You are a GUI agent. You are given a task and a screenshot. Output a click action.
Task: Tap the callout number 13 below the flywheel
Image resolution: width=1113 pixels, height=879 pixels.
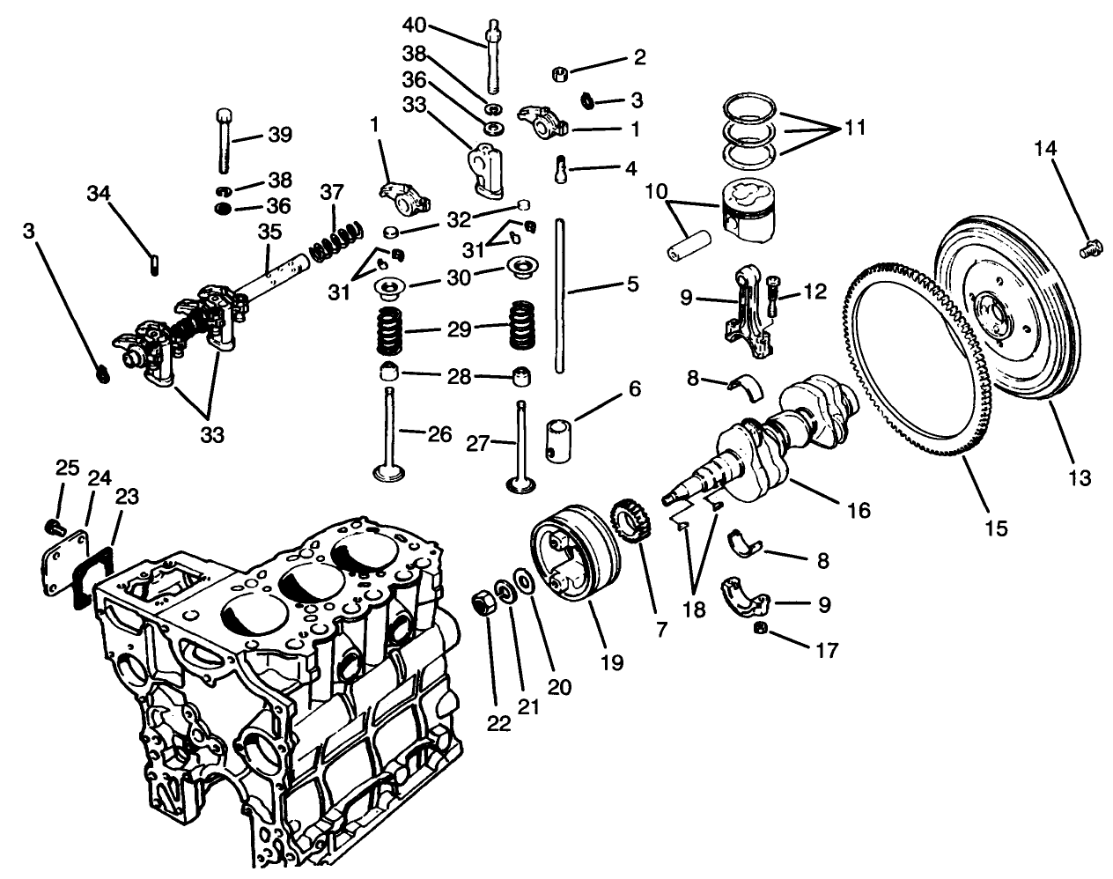(x=1079, y=477)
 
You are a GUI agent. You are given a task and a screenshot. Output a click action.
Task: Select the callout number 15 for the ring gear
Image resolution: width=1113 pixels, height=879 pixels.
(x=997, y=528)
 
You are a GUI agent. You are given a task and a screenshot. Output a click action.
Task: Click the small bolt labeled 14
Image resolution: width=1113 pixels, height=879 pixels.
(x=1091, y=250)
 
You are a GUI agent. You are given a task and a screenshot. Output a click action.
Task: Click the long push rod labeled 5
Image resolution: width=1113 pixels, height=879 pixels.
(x=560, y=299)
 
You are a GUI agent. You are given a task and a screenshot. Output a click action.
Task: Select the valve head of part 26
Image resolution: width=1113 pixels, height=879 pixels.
(x=386, y=474)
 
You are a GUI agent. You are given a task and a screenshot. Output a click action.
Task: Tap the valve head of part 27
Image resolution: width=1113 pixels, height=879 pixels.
(x=521, y=483)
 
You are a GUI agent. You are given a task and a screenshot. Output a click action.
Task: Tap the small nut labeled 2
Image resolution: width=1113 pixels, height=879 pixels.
(x=557, y=74)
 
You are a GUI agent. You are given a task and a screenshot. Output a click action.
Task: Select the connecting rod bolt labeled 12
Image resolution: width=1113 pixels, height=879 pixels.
(x=772, y=299)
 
